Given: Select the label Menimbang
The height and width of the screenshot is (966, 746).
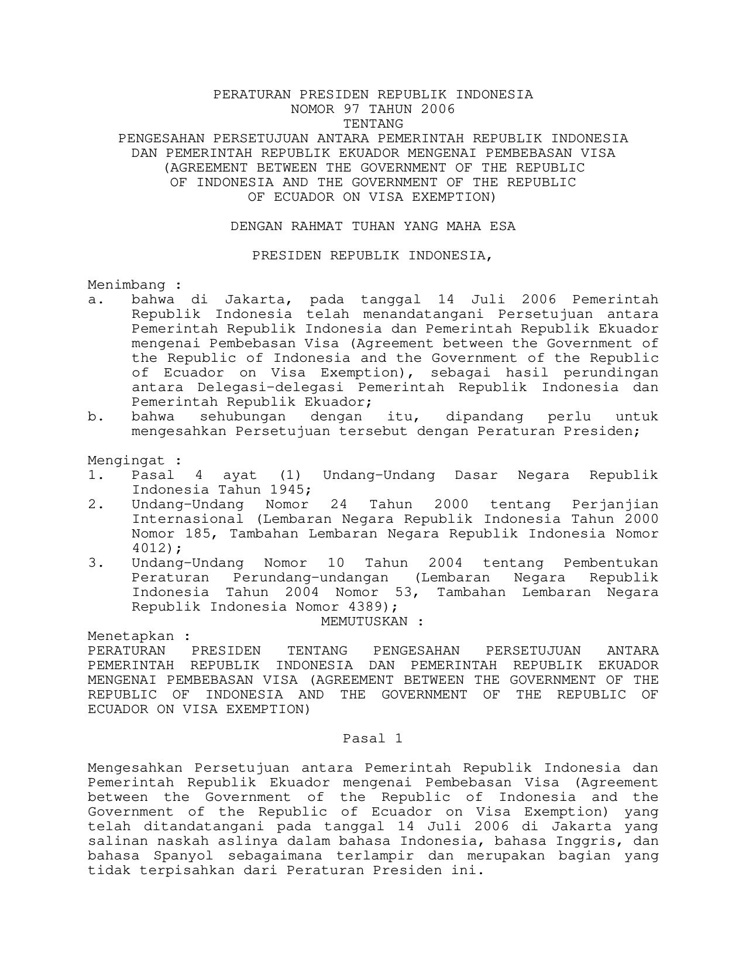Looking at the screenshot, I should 126,285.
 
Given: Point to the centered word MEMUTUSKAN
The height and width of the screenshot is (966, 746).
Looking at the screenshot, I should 364,622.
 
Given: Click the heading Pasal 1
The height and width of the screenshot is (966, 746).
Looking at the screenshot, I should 373,739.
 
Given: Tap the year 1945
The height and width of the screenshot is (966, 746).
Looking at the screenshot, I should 288,490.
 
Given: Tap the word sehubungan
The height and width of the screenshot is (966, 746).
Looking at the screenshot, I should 243,417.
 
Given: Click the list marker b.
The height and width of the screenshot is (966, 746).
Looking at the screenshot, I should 92,417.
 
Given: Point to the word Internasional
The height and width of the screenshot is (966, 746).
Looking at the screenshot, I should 187,519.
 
